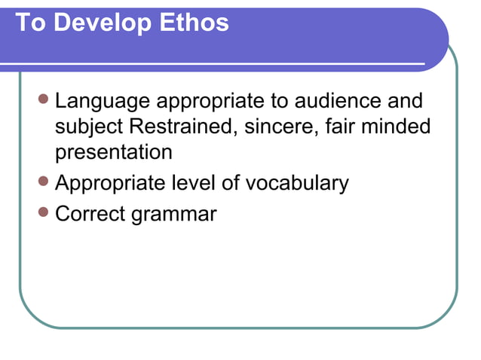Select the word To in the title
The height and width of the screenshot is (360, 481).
(x=29, y=23)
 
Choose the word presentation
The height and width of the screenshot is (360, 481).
(x=114, y=153)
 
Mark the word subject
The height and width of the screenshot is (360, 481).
(x=90, y=127)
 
